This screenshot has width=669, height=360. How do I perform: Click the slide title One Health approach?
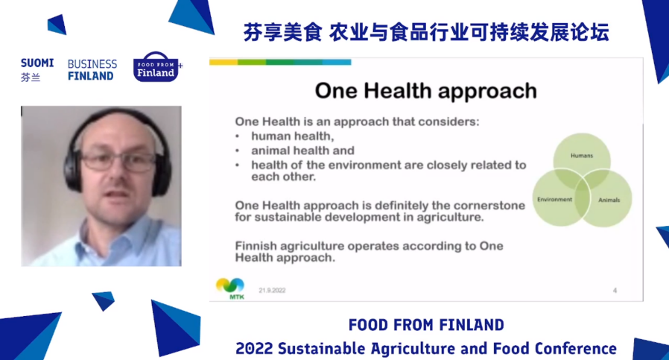pyautogui.click(x=426, y=91)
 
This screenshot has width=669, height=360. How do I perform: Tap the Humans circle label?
pyautogui.click(x=582, y=156)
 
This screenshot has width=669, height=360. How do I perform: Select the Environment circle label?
pyautogui.click(x=555, y=200)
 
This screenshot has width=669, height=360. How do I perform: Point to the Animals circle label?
pyautogui.click(x=609, y=200)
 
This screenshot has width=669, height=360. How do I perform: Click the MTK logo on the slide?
pyautogui.click(x=230, y=288)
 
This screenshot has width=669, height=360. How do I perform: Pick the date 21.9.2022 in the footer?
pyautogui.click(x=272, y=291)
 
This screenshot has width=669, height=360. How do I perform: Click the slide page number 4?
pyautogui.click(x=615, y=291)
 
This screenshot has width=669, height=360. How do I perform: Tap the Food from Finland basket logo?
pyautogui.click(x=156, y=68)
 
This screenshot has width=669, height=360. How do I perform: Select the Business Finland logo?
pyautogui.click(x=92, y=70)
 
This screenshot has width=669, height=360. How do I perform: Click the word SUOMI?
pyautogui.click(x=37, y=63)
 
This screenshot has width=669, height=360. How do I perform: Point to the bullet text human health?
pyautogui.click(x=293, y=136)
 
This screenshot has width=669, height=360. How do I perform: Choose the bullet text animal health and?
pyautogui.click(x=303, y=151)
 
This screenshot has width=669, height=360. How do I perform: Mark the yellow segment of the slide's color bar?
pyautogui.click(x=223, y=63)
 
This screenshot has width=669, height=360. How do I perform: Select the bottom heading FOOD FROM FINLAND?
pyautogui.click(x=426, y=326)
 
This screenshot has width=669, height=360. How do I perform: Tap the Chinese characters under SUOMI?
pyautogui.click(x=31, y=78)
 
